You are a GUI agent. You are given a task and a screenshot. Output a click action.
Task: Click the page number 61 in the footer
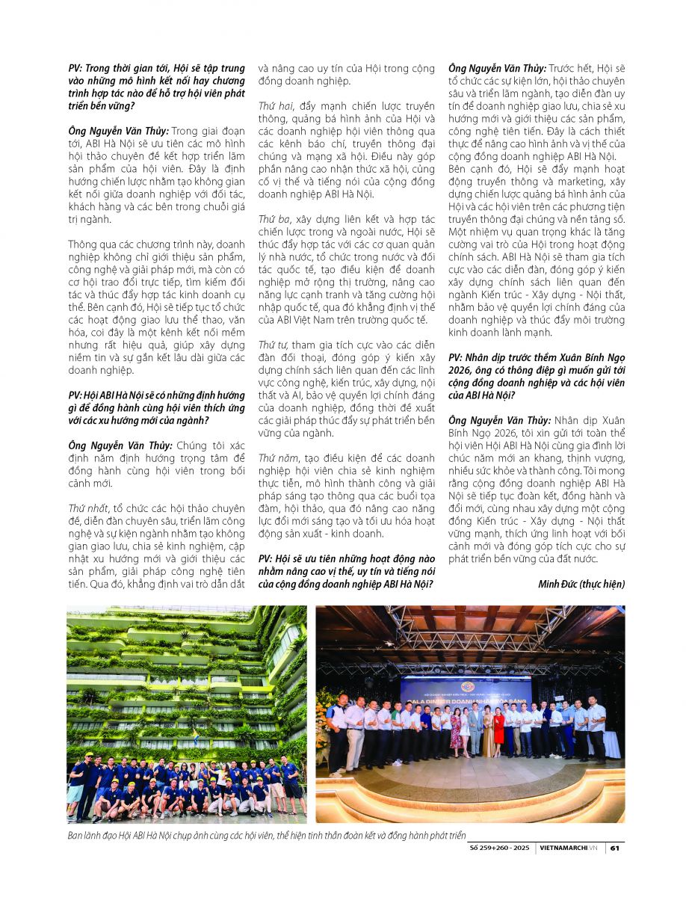tap(614, 848)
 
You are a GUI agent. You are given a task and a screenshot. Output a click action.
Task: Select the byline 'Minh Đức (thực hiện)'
tap(581, 584)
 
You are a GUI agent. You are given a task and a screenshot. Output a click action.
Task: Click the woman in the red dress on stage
tap(498, 729)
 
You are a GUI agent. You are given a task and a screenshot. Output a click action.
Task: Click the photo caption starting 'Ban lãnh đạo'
tap(266, 835)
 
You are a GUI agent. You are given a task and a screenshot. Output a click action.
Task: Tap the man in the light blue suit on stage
tap(475, 729)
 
